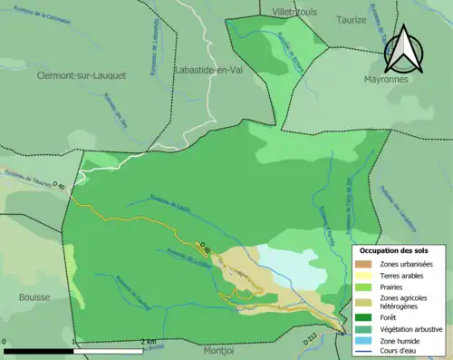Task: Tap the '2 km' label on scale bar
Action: (x=149, y=342)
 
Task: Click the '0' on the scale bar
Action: (x=5, y=342)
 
